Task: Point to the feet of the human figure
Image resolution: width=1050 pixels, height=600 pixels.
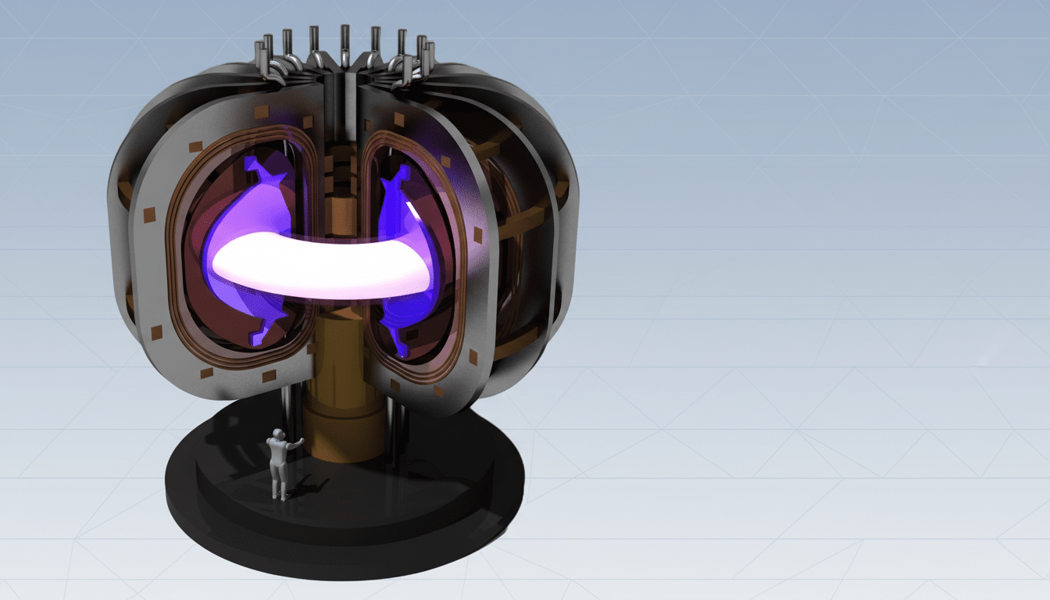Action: click(279, 495)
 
